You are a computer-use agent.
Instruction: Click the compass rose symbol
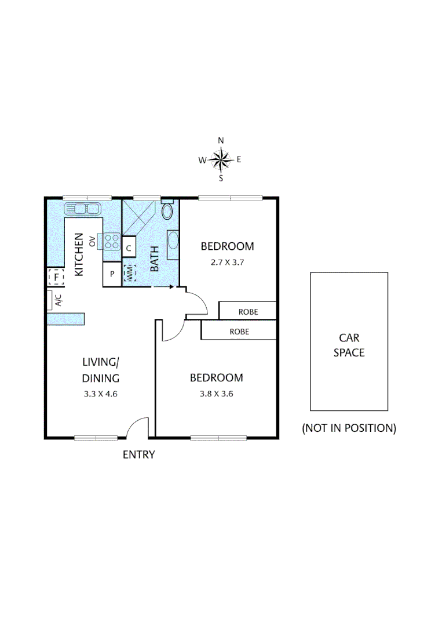221,159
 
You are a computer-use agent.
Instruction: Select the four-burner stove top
112,241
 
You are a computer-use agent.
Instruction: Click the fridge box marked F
56,278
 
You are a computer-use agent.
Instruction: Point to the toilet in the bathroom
168,210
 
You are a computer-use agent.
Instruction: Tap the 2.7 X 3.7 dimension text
227,262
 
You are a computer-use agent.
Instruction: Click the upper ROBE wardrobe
248,312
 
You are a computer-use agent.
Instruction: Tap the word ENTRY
139,455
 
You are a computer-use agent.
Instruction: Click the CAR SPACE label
349,345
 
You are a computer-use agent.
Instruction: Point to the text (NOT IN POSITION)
349,428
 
